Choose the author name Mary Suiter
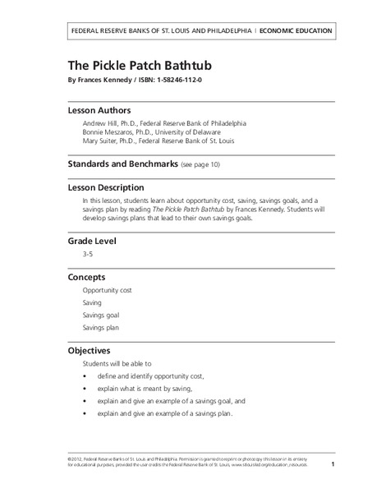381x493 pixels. [101, 141]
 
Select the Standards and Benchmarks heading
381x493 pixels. [122, 164]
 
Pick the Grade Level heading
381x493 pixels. [91, 241]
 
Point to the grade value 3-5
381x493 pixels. [87, 256]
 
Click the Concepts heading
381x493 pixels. [86, 278]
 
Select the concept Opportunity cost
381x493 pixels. [107, 291]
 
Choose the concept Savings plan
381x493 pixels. [101, 328]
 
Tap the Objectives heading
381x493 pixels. [90, 350]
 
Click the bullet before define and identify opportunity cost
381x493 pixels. [85, 376]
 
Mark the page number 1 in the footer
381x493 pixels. [333, 465]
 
